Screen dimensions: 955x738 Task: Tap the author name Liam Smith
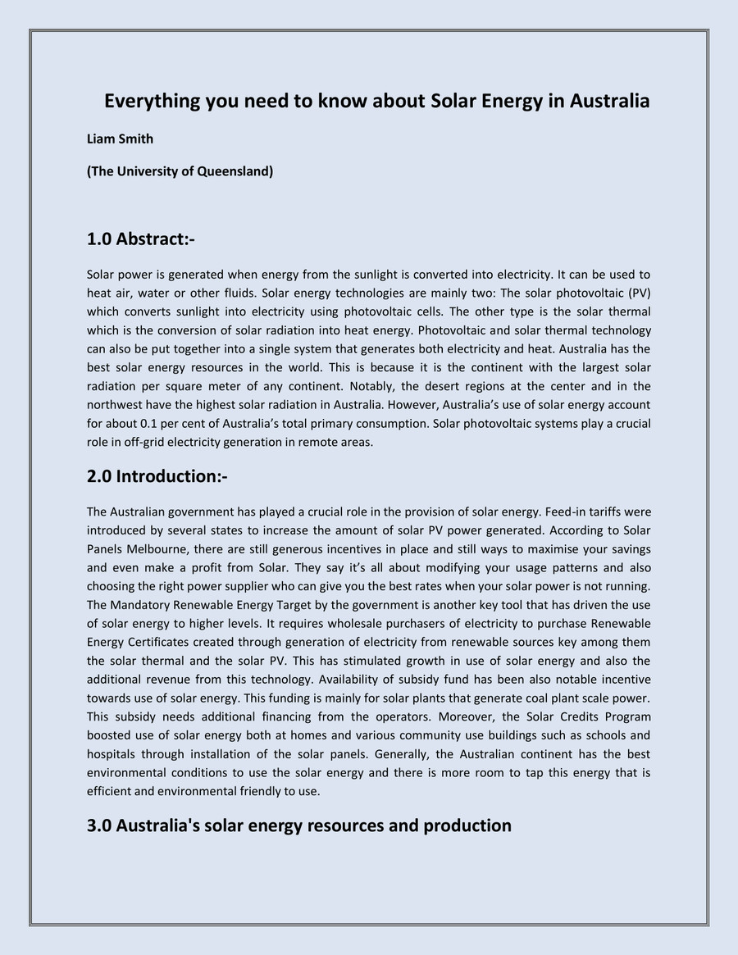point(120,139)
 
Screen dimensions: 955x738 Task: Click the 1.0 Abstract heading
point(140,239)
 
